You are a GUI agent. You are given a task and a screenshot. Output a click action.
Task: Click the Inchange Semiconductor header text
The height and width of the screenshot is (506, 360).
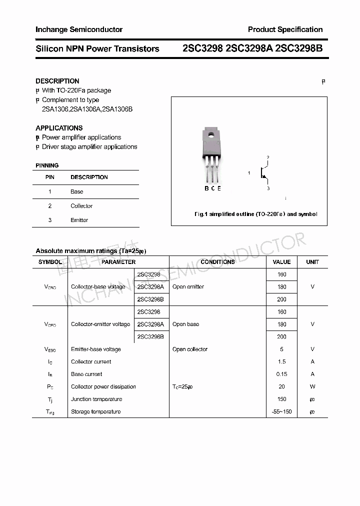tap(79, 29)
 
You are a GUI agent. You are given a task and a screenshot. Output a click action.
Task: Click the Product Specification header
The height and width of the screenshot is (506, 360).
tap(285, 29)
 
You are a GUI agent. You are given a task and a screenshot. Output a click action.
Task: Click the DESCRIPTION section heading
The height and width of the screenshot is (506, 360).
tap(57, 81)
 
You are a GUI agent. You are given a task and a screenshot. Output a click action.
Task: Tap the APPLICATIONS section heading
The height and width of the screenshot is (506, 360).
tap(59, 128)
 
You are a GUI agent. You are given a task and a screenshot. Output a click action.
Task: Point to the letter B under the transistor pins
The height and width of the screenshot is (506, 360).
tap(206, 188)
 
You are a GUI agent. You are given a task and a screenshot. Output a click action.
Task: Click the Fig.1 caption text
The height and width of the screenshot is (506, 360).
tap(255, 214)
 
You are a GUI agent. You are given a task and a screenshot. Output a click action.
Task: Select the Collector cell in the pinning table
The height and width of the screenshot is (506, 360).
tap(81, 206)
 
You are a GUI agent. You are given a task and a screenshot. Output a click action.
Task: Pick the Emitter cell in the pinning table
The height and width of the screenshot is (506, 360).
tap(79, 220)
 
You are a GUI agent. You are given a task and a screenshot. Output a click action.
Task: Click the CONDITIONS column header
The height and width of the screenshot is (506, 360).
tap(217, 262)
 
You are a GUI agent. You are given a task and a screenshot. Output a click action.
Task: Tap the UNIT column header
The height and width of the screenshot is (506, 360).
tap(312, 262)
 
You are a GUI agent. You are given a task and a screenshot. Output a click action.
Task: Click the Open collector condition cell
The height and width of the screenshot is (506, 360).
tap(190, 349)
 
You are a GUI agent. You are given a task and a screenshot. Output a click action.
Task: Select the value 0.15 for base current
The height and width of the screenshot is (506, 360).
tap(281, 374)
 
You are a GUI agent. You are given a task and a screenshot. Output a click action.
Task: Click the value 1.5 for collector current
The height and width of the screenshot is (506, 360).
tap(281, 362)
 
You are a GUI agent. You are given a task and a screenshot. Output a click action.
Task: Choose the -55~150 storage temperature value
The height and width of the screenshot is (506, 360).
tap(281, 412)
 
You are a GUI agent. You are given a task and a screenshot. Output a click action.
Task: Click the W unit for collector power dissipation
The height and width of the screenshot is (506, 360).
tap(312, 387)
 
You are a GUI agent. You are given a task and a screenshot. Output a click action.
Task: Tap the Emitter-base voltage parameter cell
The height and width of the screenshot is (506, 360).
tap(96, 349)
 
